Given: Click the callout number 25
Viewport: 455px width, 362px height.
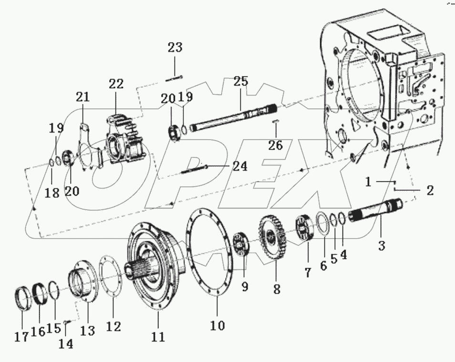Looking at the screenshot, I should pos(241,81).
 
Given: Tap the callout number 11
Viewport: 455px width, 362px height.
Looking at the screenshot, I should pos(158,337).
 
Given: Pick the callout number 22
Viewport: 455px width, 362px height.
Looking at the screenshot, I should pos(116,84).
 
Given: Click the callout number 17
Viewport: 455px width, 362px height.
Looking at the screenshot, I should pos(21,337).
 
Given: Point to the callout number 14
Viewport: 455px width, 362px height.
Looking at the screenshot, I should pos(66,343).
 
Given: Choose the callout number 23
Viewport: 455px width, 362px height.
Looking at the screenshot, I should pos(175,48).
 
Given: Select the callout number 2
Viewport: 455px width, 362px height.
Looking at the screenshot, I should pos(430,191).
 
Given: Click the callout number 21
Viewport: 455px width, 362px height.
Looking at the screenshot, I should pos(83,97).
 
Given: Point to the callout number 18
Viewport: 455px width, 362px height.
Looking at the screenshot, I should pos(52,193).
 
